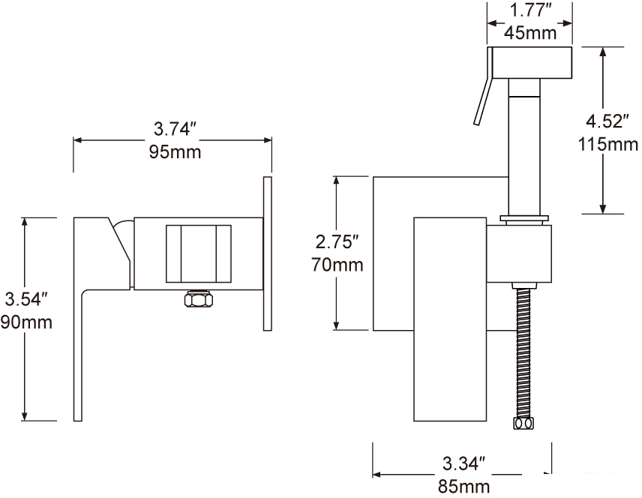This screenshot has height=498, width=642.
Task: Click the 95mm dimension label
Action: pos(175,152)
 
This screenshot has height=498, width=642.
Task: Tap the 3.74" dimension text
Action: pos(175,129)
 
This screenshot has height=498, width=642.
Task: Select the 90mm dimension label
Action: pos(26,322)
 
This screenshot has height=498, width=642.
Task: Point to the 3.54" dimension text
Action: pos(27,299)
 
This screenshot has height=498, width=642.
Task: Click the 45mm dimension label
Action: pos(530,32)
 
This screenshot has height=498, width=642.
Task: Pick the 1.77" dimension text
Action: pos(531,10)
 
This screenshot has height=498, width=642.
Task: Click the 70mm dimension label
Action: pos(337,265)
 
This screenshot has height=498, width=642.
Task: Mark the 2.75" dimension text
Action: pos(337,241)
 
